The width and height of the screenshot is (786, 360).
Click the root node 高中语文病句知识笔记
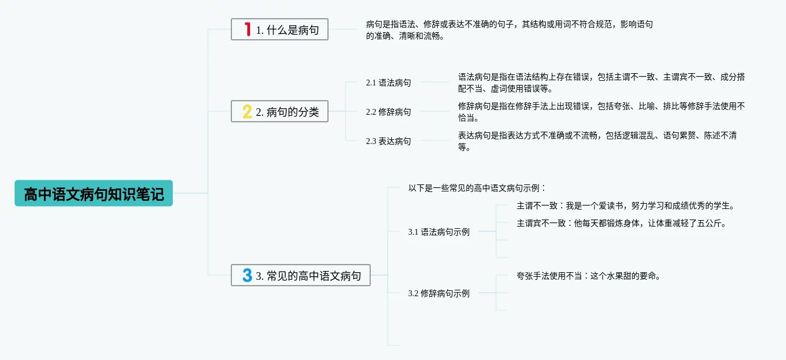coord(94,193)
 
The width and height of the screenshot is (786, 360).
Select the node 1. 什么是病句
coord(280,29)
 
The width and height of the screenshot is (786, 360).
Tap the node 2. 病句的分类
coord(280,111)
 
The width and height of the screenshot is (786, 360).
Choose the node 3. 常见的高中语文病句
coord(301,275)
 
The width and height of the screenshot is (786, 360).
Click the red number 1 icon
coord(248,29)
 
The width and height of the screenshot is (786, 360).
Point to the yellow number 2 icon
coord(247,111)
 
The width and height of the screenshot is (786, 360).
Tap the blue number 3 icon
coord(247,275)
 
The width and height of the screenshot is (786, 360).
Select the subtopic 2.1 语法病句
coord(388,83)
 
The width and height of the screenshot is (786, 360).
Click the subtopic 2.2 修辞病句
coord(388,112)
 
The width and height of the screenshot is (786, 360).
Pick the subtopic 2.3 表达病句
coord(388,141)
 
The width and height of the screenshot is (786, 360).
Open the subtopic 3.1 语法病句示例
coord(439,232)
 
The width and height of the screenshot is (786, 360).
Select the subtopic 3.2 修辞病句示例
coord(439,293)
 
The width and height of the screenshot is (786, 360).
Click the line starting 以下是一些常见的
coord(477,188)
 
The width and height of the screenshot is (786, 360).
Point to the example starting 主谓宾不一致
coord(621,223)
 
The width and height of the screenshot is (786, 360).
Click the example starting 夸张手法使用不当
coord(589,276)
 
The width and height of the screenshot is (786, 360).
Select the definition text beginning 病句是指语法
coord(510,30)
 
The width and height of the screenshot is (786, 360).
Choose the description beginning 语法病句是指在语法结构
coord(602,83)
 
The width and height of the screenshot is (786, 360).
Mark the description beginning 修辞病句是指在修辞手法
coord(602,112)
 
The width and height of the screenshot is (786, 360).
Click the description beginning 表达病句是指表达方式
coord(597,141)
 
